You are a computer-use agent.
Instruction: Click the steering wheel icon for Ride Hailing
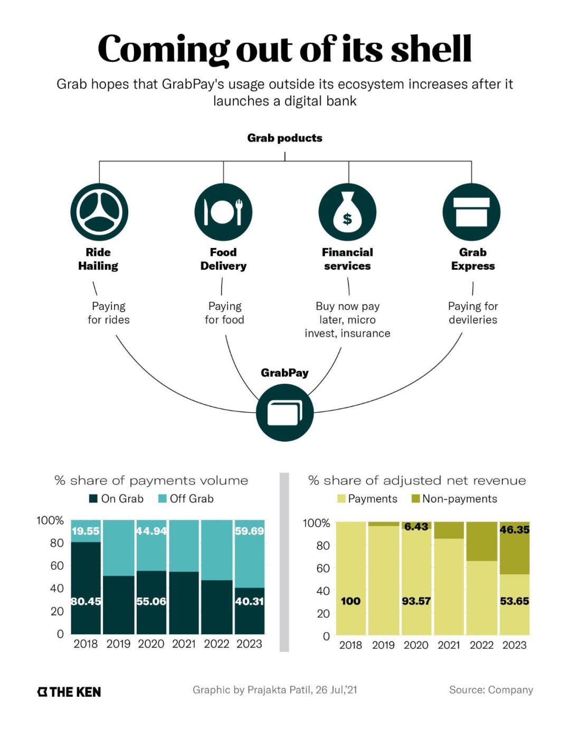[99, 212]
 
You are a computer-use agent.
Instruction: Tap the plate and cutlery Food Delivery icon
[223, 212]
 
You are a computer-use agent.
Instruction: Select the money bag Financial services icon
[347, 212]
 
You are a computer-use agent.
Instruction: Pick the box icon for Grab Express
[471, 212]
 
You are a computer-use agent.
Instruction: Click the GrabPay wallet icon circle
[285, 412]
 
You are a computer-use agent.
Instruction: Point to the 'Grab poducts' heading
[284, 138]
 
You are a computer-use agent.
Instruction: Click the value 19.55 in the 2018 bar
[85, 531]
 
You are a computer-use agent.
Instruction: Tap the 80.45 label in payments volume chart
[86, 601]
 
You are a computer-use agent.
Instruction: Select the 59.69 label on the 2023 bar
[249, 531]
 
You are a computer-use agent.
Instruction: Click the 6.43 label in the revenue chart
[416, 527]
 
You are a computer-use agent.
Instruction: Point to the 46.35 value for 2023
[514, 529]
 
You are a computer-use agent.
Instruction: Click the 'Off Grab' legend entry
[186, 499]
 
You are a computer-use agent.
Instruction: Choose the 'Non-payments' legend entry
[454, 499]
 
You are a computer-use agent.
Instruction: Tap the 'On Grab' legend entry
[117, 499]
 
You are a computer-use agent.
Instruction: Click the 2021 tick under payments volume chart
[184, 644]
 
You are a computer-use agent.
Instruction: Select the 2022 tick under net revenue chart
[481, 645]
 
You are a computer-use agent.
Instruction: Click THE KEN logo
[69, 692]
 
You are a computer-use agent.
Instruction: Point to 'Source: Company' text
[491, 690]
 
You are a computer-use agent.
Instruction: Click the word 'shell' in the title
[431, 49]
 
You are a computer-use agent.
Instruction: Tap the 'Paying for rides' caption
[109, 313]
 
